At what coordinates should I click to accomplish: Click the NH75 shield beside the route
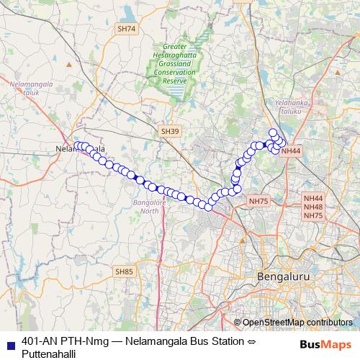click(258, 202)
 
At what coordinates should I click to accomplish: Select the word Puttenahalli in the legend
click(49, 354)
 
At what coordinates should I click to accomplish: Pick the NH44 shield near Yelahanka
click(291, 150)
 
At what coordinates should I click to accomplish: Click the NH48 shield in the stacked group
click(313, 207)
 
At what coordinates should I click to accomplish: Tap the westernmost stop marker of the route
click(77, 146)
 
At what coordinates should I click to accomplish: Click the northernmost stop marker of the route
click(273, 132)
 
